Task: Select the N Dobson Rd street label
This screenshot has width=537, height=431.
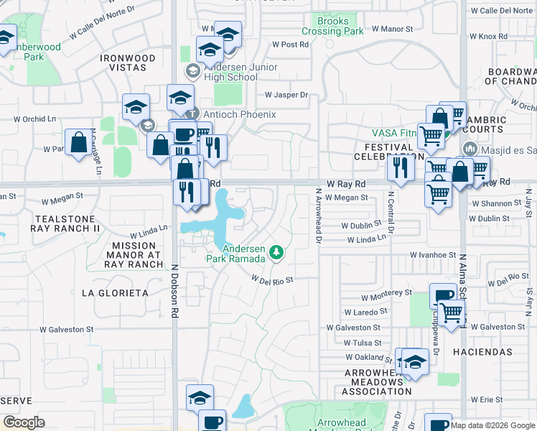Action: (174, 289)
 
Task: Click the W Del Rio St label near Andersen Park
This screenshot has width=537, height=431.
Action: (272, 279)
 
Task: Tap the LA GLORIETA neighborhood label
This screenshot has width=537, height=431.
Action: (115, 293)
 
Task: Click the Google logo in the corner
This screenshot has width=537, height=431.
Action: (24, 422)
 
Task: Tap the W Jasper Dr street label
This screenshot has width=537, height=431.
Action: (286, 95)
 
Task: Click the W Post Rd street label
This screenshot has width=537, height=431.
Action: (290, 44)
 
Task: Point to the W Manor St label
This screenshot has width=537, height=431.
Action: (393, 29)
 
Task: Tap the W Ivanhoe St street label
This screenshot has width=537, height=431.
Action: (433, 254)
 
